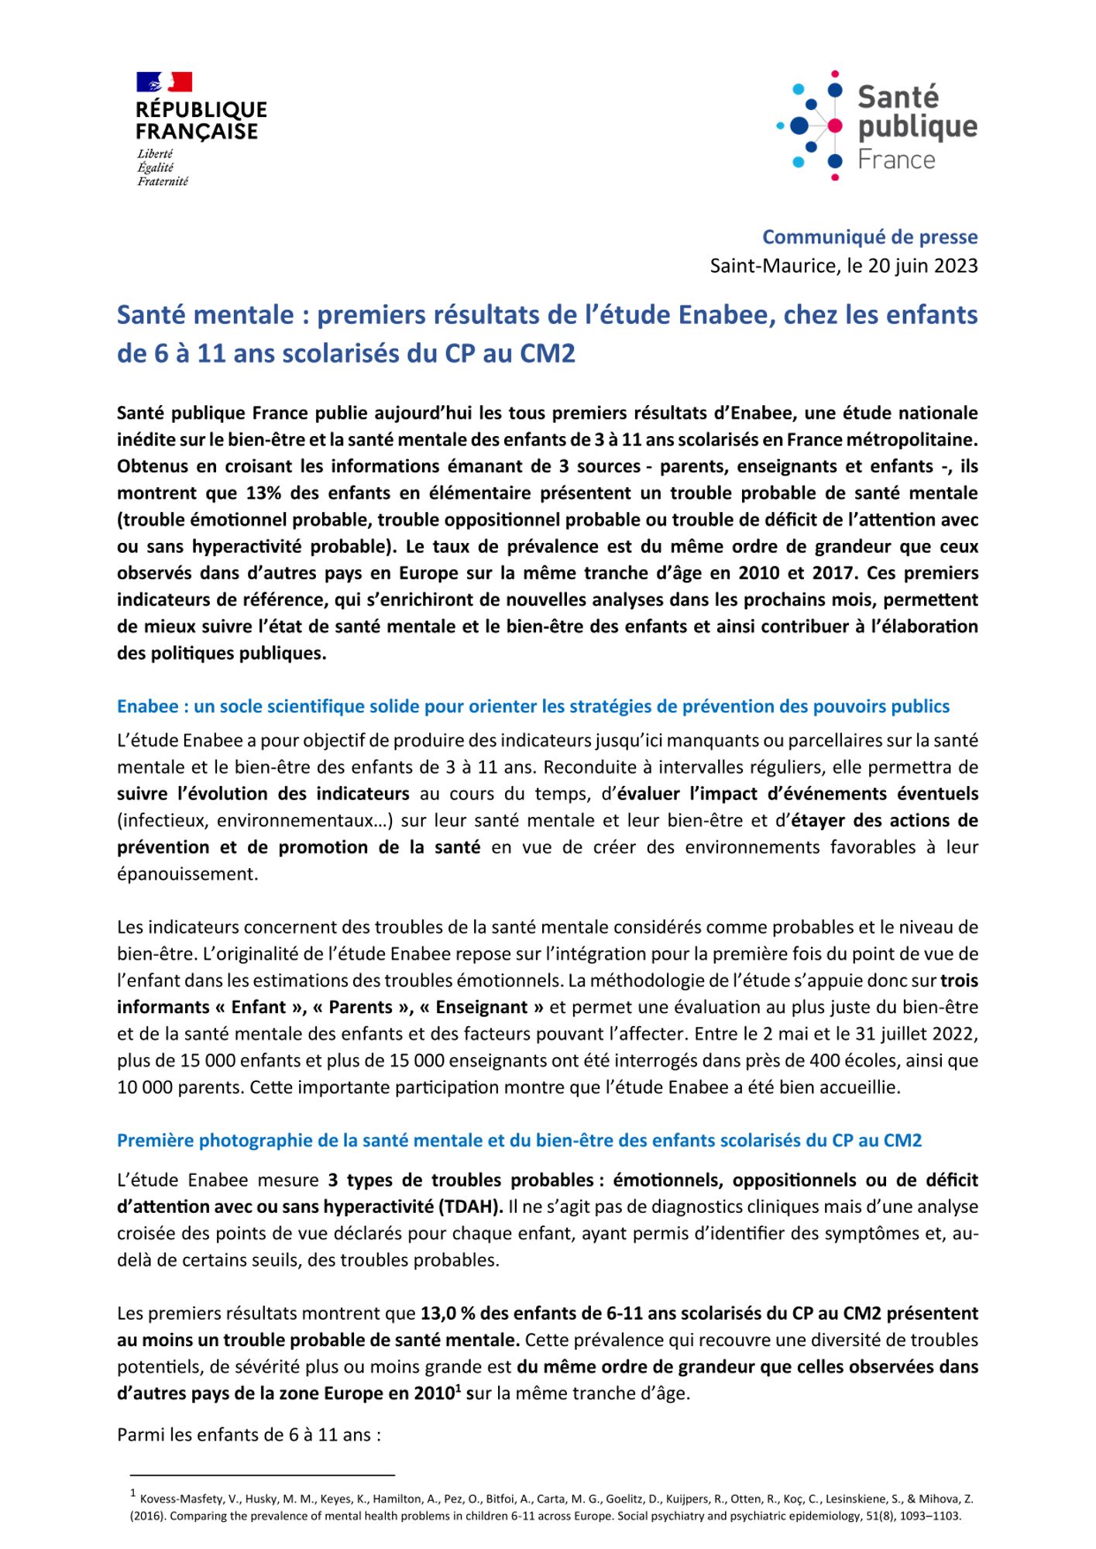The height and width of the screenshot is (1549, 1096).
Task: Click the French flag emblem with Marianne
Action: [x=164, y=81]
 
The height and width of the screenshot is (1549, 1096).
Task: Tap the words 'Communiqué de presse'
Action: [x=870, y=237]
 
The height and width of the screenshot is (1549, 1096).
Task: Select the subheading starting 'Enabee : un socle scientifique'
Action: [x=533, y=706]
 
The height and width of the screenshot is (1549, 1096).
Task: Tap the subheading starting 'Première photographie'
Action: [x=519, y=1141]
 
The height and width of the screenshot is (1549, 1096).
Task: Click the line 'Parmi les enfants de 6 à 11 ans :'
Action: [x=249, y=1434]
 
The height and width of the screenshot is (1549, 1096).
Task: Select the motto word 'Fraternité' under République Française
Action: [x=163, y=181]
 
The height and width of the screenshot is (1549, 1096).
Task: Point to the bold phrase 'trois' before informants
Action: [x=959, y=981]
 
